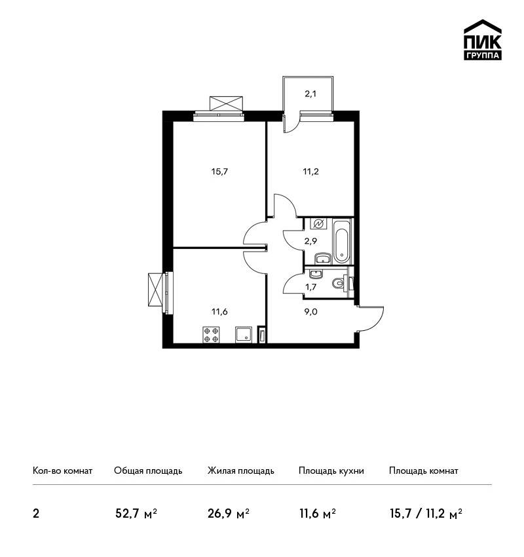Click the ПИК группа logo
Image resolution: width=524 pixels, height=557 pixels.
click(483, 40)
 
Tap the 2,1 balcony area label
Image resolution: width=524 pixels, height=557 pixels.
click(310, 94)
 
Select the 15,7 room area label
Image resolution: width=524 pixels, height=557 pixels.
click(219, 172)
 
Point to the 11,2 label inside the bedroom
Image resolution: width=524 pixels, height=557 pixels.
click(310, 172)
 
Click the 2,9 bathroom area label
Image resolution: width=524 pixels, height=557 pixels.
click(310, 241)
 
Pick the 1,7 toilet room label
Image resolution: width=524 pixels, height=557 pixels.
click(310, 286)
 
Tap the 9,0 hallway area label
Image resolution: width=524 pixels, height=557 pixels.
click(310, 312)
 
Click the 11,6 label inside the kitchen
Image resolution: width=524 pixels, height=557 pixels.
click(219, 312)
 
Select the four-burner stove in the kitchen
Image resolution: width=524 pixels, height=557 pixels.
click(210, 335)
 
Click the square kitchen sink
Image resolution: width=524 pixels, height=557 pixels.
click(243, 335)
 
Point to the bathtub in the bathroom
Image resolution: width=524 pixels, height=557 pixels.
click(341, 241)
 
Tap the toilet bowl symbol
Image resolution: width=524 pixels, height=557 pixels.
click(339, 283)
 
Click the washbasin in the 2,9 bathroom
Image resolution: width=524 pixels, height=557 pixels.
click(323, 258)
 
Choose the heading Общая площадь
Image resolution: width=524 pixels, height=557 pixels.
click(148, 471)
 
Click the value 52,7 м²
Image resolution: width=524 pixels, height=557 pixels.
click(136, 514)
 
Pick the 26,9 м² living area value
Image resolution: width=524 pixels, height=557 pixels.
click(229, 514)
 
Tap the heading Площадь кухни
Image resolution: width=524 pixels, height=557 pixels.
click(331, 471)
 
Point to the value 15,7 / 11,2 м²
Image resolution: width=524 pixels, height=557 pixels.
click(426, 514)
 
